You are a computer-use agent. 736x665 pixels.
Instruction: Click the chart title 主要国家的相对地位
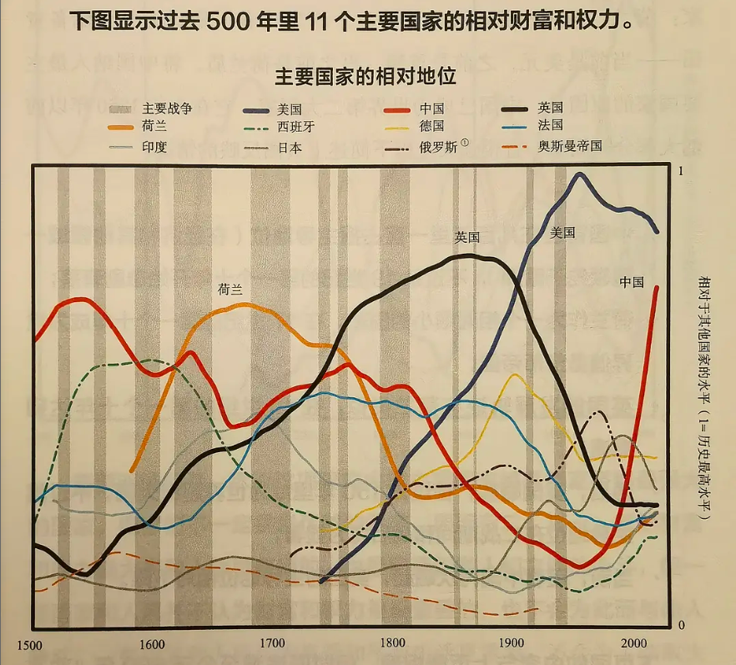[x=365, y=77]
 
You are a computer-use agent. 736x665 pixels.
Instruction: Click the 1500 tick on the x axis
[x=29, y=645]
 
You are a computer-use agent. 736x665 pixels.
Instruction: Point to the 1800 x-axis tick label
[x=392, y=645]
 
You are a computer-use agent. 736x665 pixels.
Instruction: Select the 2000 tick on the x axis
[x=633, y=645]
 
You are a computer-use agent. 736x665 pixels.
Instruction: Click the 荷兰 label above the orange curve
[x=231, y=289]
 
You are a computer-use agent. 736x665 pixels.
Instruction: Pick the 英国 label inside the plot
[x=467, y=237]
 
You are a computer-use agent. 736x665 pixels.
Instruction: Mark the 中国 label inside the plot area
[x=632, y=282]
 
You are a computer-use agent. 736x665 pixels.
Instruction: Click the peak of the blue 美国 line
[x=579, y=174]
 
